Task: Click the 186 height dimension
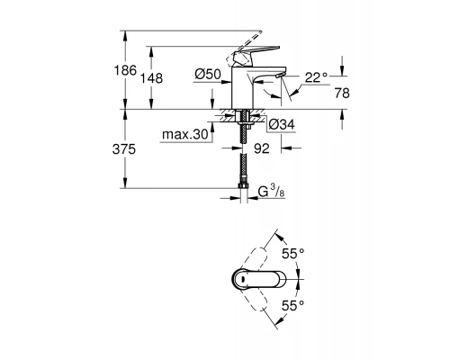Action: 128,69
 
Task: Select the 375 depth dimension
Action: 128,149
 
